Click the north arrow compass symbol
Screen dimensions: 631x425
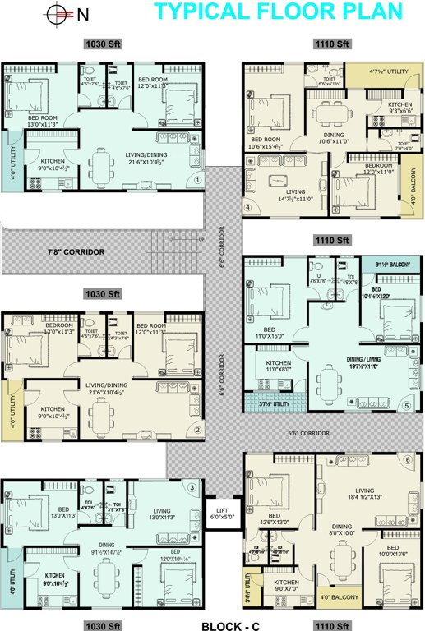tap(57, 13)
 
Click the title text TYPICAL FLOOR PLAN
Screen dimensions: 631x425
tap(279, 12)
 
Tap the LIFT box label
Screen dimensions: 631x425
tap(220, 513)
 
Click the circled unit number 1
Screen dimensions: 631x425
tap(197, 180)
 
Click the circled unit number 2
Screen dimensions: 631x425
tap(197, 429)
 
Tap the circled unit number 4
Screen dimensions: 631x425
tap(247, 207)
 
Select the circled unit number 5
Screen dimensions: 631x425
tap(406, 405)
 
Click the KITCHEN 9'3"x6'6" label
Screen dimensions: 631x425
tap(400, 108)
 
